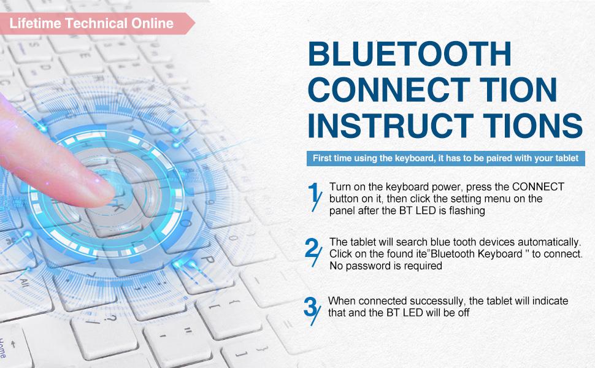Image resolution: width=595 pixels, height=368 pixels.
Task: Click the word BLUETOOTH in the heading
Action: [410, 53]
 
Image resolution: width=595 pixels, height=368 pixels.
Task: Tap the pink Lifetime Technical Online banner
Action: [97, 23]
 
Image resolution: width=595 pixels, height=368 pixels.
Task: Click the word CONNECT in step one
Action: [538, 186]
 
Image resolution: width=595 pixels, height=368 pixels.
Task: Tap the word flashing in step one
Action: [467, 210]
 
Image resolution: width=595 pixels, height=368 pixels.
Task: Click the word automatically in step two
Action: [549, 242]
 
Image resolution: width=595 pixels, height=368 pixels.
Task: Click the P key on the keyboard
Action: [207, 260]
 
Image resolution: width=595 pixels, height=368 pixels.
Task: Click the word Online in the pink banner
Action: [153, 23]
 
